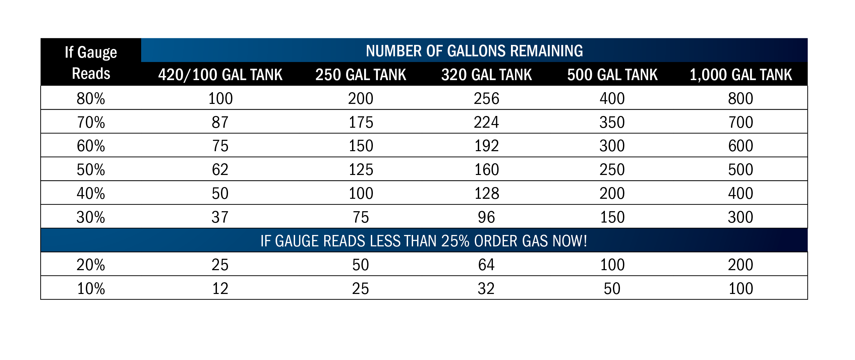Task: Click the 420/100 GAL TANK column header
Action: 220,74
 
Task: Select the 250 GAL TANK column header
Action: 361,74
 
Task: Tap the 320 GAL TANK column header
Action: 487,74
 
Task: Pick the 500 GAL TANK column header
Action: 612,74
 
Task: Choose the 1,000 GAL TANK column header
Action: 741,74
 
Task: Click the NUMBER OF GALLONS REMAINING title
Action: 474,51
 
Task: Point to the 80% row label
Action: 91,99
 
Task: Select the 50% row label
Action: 91,170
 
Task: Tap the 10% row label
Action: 91,289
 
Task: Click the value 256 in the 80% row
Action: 487,99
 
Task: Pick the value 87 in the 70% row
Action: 220,122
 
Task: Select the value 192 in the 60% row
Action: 487,146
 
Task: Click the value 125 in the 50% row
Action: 361,170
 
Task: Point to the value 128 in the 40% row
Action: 487,193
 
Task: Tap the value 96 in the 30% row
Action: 486,217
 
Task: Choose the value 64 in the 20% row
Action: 486,265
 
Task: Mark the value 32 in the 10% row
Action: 486,289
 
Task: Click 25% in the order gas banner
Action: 455,241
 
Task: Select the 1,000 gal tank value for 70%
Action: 741,122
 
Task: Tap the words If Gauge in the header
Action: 91,52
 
